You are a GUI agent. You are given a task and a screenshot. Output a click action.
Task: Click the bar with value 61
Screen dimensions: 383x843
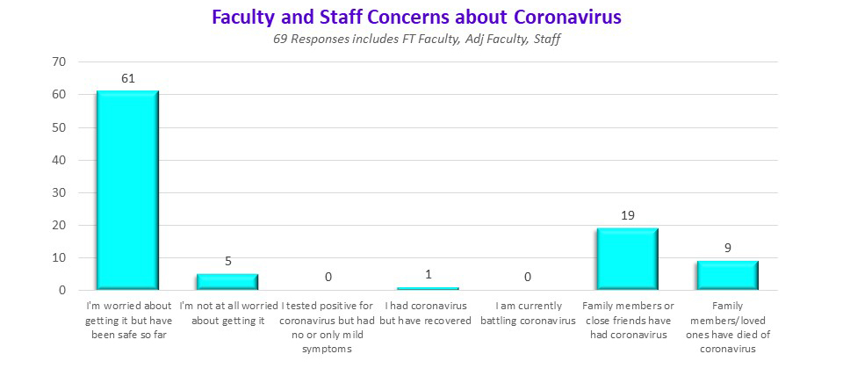pyautogui.click(x=127, y=190)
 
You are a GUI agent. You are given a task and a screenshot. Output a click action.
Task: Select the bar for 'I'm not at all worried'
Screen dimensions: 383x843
pyautogui.click(x=227, y=281)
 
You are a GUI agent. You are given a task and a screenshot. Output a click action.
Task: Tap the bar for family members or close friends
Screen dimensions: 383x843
pyautogui.click(x=627, y=258)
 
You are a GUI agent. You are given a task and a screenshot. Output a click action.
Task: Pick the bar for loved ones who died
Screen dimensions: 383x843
pyautogui.click(x=727, y=275)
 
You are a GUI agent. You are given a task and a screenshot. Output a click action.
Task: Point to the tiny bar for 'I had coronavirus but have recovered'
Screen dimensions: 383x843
pyautogui.click(x=428, y=288)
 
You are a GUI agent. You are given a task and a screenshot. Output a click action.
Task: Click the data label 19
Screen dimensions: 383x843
pyautogui.click(x=627, y=215)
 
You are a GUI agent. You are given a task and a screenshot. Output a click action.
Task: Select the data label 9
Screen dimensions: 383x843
pyautogui.click(x=727, y=248)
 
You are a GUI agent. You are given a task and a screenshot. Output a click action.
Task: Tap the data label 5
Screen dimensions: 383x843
pyautogui.click(x=227, y=261)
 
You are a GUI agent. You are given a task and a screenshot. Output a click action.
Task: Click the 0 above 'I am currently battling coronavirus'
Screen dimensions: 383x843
pyautogui.click(x=528, y=277)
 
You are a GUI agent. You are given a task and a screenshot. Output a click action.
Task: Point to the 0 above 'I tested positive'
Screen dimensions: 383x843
pyautogui.click(x=328, y=277)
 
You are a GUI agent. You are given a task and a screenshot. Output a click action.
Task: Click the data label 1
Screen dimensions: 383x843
pyautogui.click(x=428, y=274)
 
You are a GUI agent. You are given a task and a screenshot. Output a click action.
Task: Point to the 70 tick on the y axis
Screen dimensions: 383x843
pyautogui.click(x=60, y=62)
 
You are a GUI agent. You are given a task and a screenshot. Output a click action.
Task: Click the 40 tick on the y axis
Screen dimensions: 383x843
pyautogui.click(x=60, y=160)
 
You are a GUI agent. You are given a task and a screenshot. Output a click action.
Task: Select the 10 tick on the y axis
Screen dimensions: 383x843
pyautogui.click(x=60, y=258)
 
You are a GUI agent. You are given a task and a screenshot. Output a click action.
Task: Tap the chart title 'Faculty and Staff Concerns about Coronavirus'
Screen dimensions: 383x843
pyautogui.click(x=422, y=18)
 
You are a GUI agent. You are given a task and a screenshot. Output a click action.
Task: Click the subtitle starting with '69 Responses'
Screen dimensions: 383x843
pyautogui.click(x=422, y=40)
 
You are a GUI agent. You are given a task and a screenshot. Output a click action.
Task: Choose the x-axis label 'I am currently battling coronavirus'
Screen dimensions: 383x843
pyautogui.click(x=528, y=313)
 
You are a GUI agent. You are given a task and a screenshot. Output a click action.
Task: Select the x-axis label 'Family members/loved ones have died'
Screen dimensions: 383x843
pyautogui.click(x=727, y=327)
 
